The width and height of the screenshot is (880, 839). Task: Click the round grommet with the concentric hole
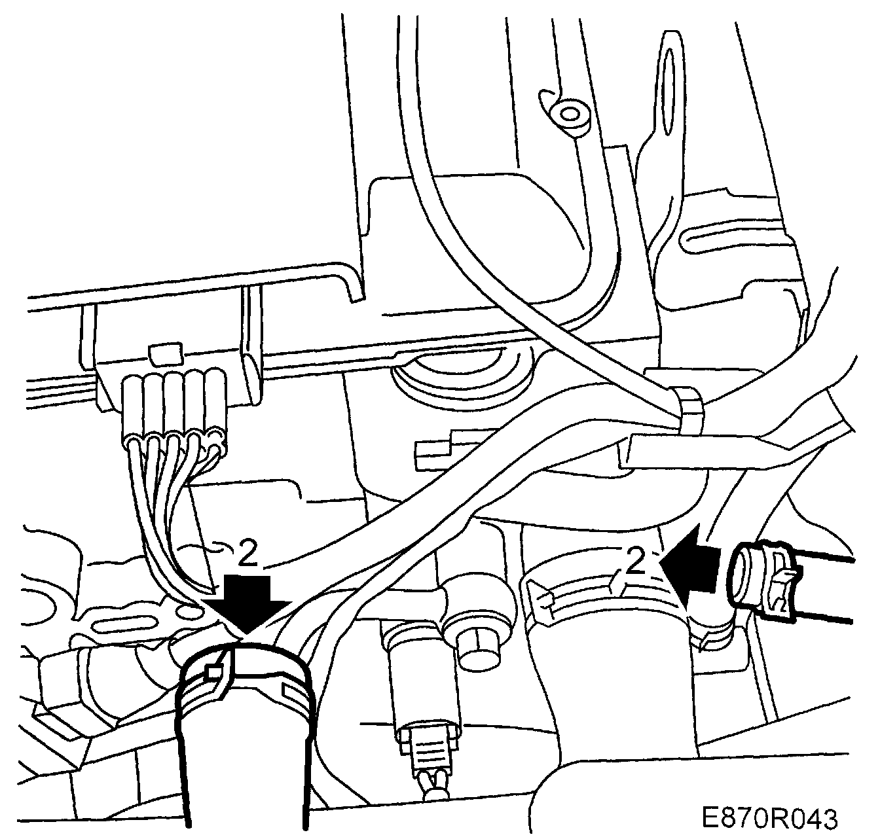tap(570, 116)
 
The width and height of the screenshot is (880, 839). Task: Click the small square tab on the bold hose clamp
tap(212, 671)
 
